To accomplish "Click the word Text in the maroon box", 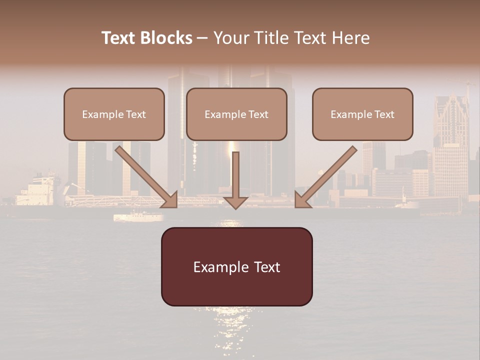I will (268, 267).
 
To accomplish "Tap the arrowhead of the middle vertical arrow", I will (235, 202).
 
